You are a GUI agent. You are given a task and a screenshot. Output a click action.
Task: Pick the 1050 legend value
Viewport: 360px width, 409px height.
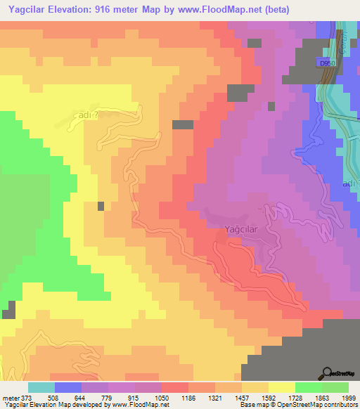coord(162,397)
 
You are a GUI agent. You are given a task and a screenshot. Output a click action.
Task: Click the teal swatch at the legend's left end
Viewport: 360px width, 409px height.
coord(41,387)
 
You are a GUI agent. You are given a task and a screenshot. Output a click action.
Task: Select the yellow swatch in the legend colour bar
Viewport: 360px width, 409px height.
coord(281,387)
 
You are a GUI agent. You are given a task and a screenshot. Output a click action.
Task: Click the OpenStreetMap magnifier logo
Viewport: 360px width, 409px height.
coord(326,373)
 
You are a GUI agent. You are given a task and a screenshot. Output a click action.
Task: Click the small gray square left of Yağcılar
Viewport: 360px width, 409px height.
coord(101,206)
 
